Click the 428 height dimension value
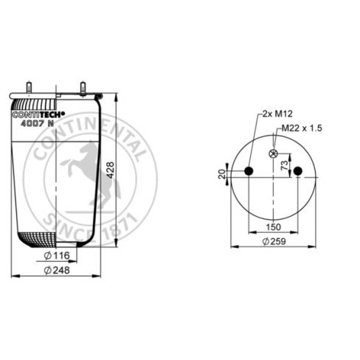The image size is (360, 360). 111,170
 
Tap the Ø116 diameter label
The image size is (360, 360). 57,255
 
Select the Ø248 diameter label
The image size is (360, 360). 57,270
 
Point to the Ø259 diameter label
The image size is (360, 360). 274,241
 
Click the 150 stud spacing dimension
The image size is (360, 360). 274,226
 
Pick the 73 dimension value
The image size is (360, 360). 284,165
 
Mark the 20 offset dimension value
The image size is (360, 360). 222,174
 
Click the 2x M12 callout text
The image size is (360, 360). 277,114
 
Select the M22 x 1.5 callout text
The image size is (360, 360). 302,128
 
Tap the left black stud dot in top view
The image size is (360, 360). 249,170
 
